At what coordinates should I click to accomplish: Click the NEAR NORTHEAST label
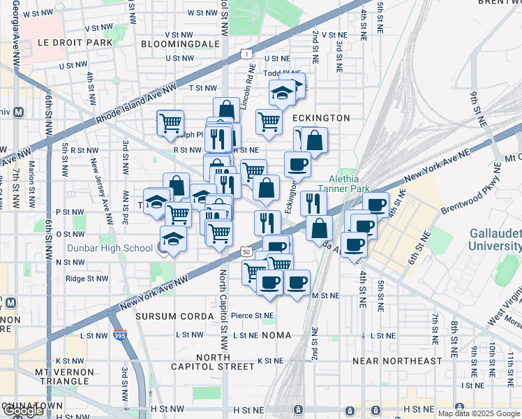coord(397,360)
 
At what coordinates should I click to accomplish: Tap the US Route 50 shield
coord(244,251)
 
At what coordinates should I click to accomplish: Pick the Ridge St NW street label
coord(87,278)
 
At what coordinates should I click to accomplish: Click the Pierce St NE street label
coord(252,316)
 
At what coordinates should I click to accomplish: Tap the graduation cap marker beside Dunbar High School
coord(173,238)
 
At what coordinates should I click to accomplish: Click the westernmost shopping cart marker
coord(170,122)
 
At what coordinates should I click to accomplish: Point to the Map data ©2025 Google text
coord(478,413)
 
